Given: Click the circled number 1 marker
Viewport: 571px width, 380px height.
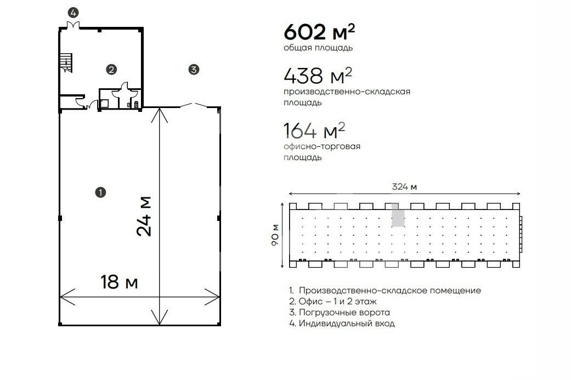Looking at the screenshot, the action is coord(100,192).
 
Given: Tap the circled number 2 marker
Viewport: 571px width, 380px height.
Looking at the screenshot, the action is coord(111,69).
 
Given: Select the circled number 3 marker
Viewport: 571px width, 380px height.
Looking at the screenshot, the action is coord(194,69).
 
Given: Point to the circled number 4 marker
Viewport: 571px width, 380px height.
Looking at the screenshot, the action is coord(73,13).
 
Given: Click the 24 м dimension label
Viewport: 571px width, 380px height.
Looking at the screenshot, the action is coord(144,217).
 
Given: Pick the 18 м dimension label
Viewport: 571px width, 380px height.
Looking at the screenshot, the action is coord(120,282).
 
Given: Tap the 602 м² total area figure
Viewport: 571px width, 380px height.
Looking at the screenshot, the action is coord(319,32).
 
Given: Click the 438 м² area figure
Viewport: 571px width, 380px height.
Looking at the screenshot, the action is coord(318,75).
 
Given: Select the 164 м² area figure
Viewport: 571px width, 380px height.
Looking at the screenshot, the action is coord(314,131).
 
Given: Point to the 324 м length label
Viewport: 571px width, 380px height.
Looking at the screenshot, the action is coord(404,187).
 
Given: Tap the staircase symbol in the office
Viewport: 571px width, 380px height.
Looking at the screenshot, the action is coord(66,63).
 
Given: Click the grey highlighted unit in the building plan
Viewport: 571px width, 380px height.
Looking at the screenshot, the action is coord(398,215).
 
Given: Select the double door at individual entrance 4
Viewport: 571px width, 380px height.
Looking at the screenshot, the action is coord(73,25).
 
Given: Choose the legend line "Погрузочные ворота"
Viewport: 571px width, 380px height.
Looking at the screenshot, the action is coord(340,313).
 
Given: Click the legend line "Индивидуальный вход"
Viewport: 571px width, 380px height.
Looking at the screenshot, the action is coord(342,323).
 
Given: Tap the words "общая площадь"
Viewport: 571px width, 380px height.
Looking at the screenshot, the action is coord(318,48).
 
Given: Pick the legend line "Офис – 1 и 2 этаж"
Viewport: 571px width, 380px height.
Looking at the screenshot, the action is coord(333,302).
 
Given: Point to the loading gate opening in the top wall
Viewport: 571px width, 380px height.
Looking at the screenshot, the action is coord(194,105).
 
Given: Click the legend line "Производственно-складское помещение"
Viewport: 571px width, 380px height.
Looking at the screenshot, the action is coord(385,291).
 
